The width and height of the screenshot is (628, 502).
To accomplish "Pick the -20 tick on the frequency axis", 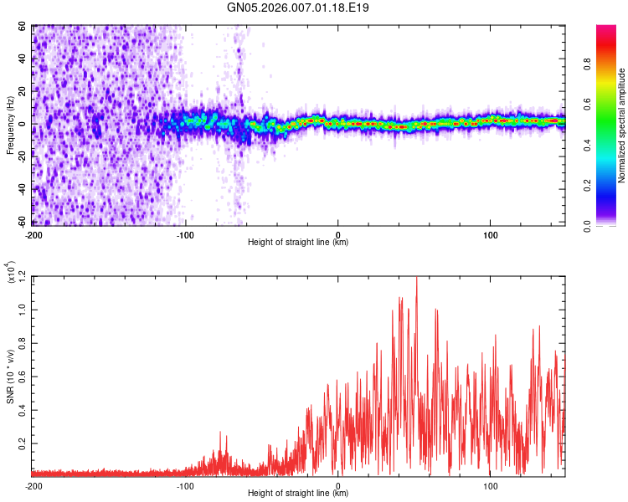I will click(23, 157).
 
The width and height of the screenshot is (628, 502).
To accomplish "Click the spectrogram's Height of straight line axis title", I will click(298, 243).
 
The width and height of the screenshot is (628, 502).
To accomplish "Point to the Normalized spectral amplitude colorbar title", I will click(622, 125).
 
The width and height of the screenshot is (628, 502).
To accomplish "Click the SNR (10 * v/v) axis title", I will click(10, 376).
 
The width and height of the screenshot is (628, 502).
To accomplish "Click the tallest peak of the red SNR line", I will click(416, 278).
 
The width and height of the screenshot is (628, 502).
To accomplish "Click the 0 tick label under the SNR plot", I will click(337, 485).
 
